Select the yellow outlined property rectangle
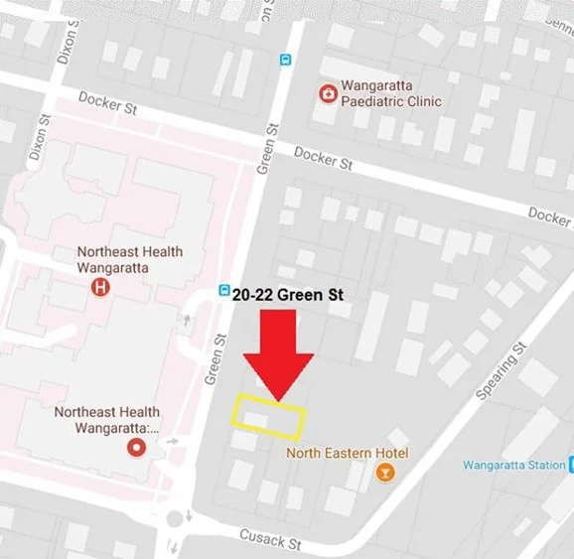(268, 416)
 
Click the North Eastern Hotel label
(347, 453)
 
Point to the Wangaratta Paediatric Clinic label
(390, 94)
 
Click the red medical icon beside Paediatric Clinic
(326, 94)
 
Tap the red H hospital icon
(99, 288)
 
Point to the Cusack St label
(269, 538)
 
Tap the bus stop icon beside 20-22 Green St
(224, 291)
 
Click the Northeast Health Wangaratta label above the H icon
(130, 259)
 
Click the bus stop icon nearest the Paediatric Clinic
(286, 59)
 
